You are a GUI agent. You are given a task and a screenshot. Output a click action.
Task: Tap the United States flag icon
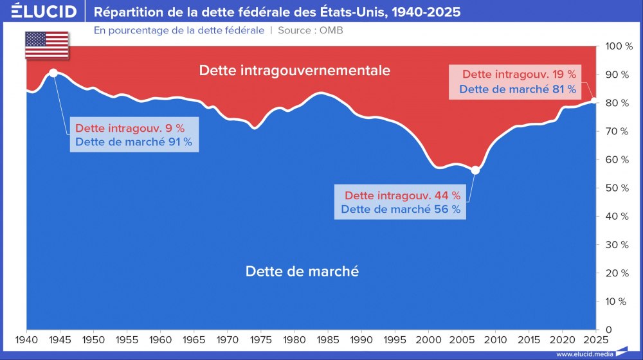pyautogui.click(x=46, y=45)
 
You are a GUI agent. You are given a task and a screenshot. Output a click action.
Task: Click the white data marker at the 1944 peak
pyautogui.click(x=53, y=73)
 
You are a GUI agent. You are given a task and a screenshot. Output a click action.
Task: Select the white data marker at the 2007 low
pyautogui.click(x=475, y=170)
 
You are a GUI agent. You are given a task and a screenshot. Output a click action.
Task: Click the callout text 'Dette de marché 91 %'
pyautogui.click(x=134, y=142)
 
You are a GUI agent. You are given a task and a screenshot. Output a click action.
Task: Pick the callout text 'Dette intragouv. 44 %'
pyautogui.click(x=403, y=195)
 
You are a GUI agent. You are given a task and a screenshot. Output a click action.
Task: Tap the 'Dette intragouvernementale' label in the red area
pyautogui.click(x=294, y=71)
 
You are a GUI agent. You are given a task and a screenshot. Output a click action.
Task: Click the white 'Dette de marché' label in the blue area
pyautogui.click(x=302, y=271)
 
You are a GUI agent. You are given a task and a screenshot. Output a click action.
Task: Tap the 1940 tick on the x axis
pyautogui.click(x=26, y=339)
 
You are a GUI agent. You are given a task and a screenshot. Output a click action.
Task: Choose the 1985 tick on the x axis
pyautogui.click(x=327, y=339)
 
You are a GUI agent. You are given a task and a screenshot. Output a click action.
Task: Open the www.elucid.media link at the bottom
pyautogui.click(x=584, y=354)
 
